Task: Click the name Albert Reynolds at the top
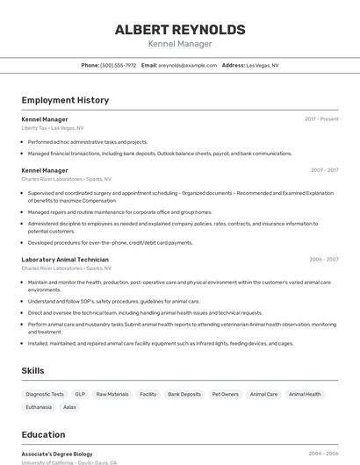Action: point(180,29)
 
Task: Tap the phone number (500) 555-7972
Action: point(118,65)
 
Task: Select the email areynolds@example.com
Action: point(187,65)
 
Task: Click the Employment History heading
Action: point(65,100)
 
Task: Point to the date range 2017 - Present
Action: point(321,119)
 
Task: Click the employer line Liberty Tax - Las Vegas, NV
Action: point(53,128)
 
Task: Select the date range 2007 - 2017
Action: point(324,170)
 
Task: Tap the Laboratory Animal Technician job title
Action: point(65,260)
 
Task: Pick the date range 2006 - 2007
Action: point(323,260)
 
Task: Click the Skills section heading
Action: point(33,371)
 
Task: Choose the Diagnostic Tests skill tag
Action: point(45,395)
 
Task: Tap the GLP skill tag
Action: point(80,395)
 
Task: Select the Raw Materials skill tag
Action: point(112,395)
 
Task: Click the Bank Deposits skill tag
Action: point(184,395)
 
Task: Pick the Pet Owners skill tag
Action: point(226,395)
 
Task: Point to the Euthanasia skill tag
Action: point(39,407)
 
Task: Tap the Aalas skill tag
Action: point(70,407)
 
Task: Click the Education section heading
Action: point(43,434)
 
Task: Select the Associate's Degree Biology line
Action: point(57,454)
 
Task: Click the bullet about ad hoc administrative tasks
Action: point(88,141)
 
